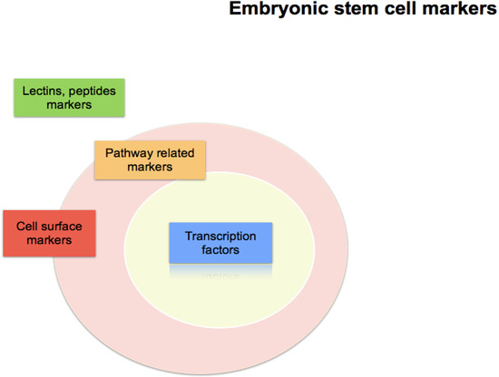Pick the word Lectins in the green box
[44, 91]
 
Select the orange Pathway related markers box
[151, 160]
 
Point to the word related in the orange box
[176, 153]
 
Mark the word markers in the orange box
[151, 168]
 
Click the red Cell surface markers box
[49, 234]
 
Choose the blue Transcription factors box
[220, 242]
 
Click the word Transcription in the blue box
[220, 236]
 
